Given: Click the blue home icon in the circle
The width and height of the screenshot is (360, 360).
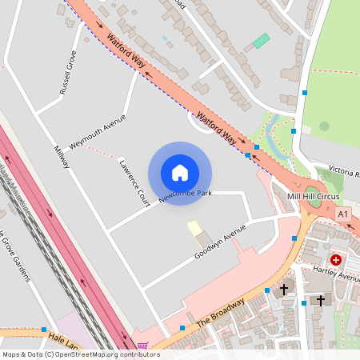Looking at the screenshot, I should [180, 173].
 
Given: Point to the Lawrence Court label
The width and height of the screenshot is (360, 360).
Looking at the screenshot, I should [134, 182].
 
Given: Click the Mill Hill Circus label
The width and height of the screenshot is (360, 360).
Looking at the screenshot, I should [314, 197].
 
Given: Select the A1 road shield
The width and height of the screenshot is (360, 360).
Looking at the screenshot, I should [343, 214].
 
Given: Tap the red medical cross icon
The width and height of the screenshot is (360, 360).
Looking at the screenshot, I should [337, 259].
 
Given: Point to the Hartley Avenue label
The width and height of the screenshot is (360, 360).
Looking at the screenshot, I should [337, 274].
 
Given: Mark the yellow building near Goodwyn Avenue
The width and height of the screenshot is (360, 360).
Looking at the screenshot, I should [194, 229].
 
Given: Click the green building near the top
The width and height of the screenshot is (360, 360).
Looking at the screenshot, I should [261, 41].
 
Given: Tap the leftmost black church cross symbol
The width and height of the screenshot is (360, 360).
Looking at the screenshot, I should [283, 289].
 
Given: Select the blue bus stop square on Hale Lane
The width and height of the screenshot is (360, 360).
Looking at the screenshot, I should [43, 329].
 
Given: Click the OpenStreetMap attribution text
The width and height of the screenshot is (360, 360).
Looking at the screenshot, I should [80, 354].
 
